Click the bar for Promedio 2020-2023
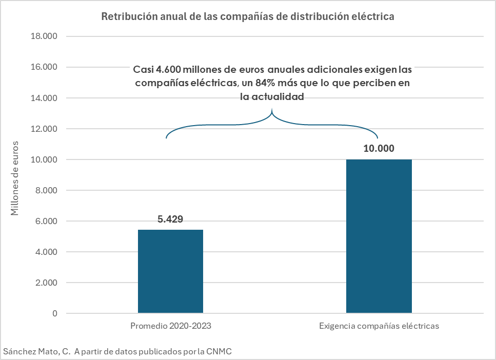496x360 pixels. [x=171, y=271]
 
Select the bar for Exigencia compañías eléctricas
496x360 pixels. [x=379, y=236]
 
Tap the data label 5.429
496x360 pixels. [x=170, y=219]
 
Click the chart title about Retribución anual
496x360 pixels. [x=247, y=16]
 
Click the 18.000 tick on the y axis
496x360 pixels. [x=44, y=36]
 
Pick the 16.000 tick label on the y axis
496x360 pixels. [x=44, y=67]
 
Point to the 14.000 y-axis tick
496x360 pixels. [x=44, y=98]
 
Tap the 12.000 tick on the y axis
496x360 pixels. [x=44, y=129]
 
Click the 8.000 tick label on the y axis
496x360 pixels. [x=46, y=190]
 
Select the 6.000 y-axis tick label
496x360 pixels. [x=46, y=221]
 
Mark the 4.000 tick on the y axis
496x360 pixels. [x=46, y=252]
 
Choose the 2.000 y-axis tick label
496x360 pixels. [x=46, y=283]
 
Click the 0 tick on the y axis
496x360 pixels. [x=54, y=313]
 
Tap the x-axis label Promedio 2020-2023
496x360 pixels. [x=171, y=326]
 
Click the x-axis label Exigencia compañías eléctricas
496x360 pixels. [x=379, y=326]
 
